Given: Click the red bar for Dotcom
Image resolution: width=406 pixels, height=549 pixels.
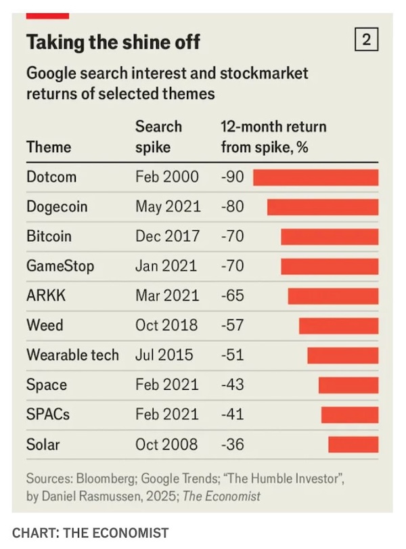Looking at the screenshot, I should pos(315,177).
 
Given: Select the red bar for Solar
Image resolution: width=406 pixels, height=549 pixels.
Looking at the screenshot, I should pos(353,445).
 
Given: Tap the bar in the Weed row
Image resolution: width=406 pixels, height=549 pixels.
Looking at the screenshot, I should pos(338,326).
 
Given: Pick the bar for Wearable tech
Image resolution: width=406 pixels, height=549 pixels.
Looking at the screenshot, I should pos(342,355).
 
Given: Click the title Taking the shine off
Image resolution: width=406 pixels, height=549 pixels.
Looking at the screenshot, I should pos(113,42).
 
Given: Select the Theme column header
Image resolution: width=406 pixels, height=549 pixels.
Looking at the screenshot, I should pos(49,147).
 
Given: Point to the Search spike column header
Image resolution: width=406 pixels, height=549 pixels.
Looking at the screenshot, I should pos(158,137).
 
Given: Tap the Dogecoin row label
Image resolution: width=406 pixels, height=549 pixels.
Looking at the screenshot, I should pos(57,206).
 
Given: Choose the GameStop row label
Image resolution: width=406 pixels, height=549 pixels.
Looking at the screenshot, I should pos(60,266).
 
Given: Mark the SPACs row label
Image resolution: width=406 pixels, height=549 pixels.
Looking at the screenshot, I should pos(47,414).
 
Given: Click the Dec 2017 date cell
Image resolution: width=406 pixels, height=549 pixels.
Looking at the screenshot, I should pos(167,236).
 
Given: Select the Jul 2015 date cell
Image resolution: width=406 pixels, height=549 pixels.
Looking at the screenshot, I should pos(164,355).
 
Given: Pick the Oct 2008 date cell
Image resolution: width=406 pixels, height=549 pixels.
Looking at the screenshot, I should pos(166,445).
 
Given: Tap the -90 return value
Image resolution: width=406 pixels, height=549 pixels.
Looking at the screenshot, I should pos(232,177).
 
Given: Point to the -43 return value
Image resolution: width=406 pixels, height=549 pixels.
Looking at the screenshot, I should pos(232,385).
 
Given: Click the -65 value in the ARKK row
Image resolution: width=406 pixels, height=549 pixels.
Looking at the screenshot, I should pos(232,296).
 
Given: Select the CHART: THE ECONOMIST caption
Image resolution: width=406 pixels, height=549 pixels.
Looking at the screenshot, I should pos(90,533).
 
